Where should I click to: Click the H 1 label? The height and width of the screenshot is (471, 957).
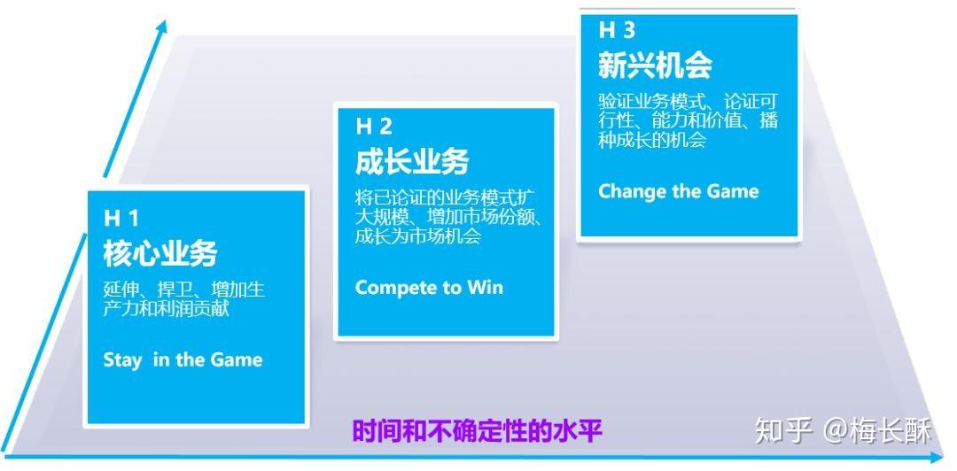click(121, 217)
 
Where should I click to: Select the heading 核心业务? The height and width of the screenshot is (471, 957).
click(159, 253)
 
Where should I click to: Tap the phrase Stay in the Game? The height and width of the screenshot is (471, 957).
click(183, 360)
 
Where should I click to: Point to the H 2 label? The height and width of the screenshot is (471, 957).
click(373, 127)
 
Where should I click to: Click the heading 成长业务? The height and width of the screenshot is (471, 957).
click(412, 162)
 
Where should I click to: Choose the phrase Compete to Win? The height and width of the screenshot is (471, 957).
click(429, 288)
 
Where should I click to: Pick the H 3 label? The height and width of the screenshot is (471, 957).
click(617, 30)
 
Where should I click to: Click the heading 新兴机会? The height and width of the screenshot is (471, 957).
click(655, 66)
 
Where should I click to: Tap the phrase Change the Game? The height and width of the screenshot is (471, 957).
click(678, 191)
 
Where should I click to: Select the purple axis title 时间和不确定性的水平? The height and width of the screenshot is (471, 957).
click(477, 431)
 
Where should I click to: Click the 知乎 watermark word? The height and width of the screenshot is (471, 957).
click(783, 430)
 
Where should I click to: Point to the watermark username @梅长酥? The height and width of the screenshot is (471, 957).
click(877, 430)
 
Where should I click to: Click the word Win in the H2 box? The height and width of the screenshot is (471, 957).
click(485, 288)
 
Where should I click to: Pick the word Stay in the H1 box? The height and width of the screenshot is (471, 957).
click(122, 360)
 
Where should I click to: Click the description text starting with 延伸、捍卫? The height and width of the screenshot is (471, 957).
click(183, 300)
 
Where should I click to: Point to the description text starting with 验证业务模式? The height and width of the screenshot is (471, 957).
click(688, 120)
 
